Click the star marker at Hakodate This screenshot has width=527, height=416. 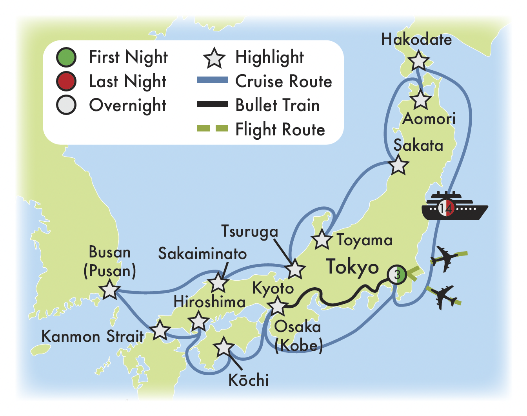[x=418, y=62]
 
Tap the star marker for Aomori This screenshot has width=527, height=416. [x=420, y=100]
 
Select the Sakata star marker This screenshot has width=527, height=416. [x=399, y=165]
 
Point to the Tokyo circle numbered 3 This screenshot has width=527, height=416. [x=397, y=274]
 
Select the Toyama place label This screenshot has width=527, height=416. [x=365, y=240]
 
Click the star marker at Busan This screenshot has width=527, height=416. [x=109, y=290]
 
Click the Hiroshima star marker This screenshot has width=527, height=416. [x=198, y=321]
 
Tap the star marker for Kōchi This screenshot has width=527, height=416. [x=224, y=347]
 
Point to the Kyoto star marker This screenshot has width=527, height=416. [x=278, y=306]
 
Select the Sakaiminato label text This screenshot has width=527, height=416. [x=202, y=254]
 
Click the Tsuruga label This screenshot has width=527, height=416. [x=249, y=231]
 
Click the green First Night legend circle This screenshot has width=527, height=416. [x=66, y=57]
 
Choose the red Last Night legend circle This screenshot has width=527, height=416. [x=66, y=81]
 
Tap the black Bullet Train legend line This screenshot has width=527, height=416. [x=212, y=104]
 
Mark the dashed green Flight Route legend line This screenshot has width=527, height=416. [x=212, y=129]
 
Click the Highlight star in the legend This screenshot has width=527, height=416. [x=214, y=58]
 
